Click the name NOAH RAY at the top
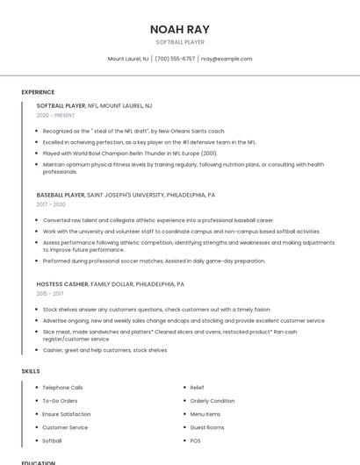[x=180, y=29]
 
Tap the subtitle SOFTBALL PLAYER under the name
[x=180, y=42]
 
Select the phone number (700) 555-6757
[x=176, y=59]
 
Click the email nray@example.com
[x=227, y=59]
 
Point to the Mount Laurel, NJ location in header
[x=128, y=59]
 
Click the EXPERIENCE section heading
[x=38, y=92]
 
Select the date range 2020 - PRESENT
[x=55, y=115]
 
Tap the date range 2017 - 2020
[x=51, y=204]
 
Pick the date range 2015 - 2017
[x=51, y=294]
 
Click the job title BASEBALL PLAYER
[x=61, y=195]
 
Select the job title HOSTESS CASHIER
[x=62, y=284]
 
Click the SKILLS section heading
[x=31, y=371]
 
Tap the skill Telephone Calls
[x=62, y=387]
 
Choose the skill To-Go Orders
[x=60, y=401]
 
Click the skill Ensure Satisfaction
[x=66, y=414]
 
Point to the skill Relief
[x=197, y=387]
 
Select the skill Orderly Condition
[x=212, y=401]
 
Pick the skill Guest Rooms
[x=207, y=427]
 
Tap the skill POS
[x=195, y=440]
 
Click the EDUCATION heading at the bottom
[x=39, y=461]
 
